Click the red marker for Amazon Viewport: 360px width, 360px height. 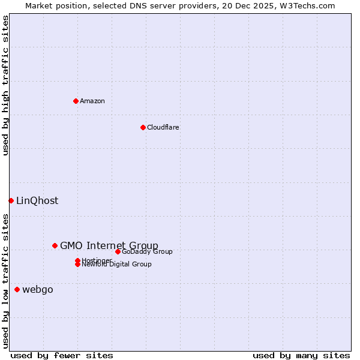pyautogui.click(x=76, y=101)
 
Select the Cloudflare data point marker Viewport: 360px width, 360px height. pyautogui.click(x=143, y=127)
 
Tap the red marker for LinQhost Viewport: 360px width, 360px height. pyautogui.click(x=11, y=200)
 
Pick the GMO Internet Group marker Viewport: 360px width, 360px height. pyautogui.click(x=55, y=245)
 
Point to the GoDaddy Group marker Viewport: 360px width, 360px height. pyautogui.click(x=118, y=251)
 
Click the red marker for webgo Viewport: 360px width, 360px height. pyautogui.click(x=17, y=290)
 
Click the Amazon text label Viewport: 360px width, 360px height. pyautogui.click(x=92, y=101)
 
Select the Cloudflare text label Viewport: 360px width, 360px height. pyautogui.click(x=163, y=127)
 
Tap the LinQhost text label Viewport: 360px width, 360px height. pyautogui.click(x=37, y=201)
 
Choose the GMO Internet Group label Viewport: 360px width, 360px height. pyautogui.click(x=109, y=245)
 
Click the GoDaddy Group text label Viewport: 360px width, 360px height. pyautogui.click(x=147, y=251)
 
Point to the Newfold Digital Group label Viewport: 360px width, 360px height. pyautogui.click(x=116, y=264)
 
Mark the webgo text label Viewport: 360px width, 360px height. pyautogui.click(x=38, y=290)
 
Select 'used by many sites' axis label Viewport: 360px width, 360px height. pyautogui.click(x=301, y=355)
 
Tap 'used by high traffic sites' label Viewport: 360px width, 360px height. pyautogui.click(x=5, y=85)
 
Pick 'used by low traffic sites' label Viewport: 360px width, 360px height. pyautogui.click(x=5, y=281)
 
